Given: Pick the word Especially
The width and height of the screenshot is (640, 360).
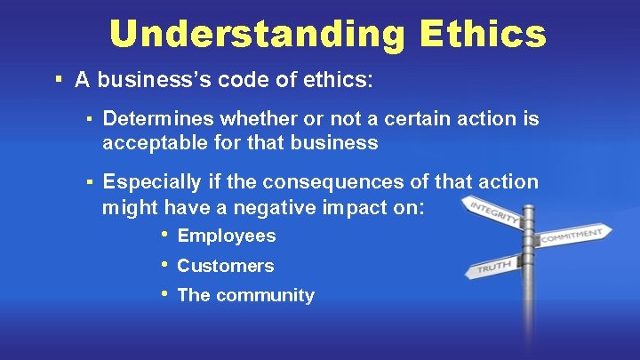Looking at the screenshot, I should click(x=152, y=183).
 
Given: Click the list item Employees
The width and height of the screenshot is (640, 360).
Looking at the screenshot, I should click(x=227, y=236).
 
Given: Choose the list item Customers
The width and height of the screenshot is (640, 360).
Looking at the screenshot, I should click(x=226, y=266).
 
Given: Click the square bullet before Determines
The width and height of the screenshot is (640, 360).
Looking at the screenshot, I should click(x=90, y=117).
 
